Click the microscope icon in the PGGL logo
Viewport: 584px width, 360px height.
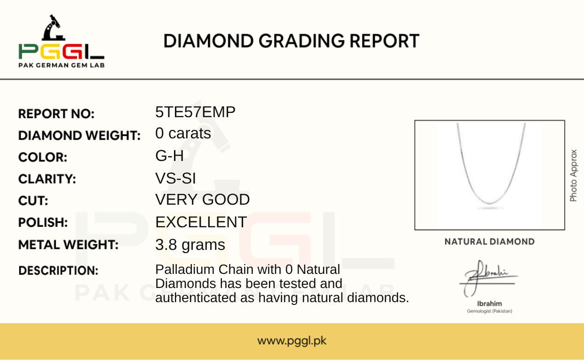click(x=54, y=28)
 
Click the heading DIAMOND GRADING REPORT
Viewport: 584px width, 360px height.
click(x=291, y=41)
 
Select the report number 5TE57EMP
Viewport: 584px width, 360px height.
click(x=195, y=112)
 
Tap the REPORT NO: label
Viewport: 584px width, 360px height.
click(x=56, y=114)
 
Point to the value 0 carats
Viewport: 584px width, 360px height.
click(x=183, y=133)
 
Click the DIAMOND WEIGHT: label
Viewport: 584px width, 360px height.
click(x=79, y=136)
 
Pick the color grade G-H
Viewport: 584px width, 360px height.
click(x=169, y=156)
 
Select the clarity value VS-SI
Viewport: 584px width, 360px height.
click(x=175, y=178)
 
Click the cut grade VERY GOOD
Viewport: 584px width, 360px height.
click(x=203, y=200)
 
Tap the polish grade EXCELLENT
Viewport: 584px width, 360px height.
click(x=201, y=222)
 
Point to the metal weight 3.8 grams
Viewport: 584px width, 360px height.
click(x=190, y=245)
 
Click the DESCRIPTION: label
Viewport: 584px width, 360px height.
click(x=58, y=271)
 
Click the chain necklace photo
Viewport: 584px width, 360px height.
click(x=489, y=175)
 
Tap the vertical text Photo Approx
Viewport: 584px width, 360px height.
click(x=573, y=176)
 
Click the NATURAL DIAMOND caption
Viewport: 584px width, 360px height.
click(x=489, y=241)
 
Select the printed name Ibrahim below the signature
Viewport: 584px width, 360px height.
click(x=489, y=304)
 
